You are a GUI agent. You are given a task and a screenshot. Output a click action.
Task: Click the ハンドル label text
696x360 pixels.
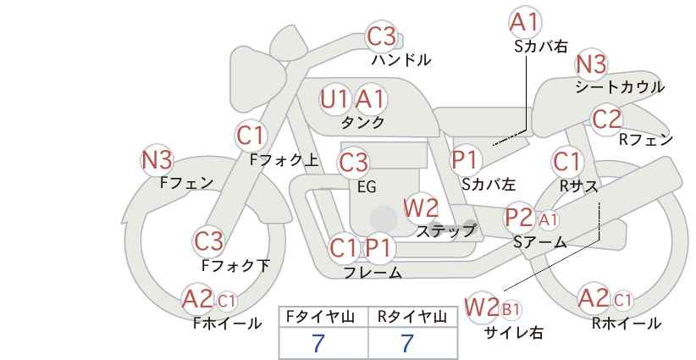[x=401, y=59]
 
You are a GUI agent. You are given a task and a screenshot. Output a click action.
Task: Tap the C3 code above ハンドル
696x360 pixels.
[x=382, y=36]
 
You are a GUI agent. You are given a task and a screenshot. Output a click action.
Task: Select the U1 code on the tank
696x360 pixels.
[x=334, y=99]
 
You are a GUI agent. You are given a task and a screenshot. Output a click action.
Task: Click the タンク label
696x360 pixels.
[x=362, y=122]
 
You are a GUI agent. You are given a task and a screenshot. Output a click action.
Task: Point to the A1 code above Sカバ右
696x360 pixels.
[x=524, y=22]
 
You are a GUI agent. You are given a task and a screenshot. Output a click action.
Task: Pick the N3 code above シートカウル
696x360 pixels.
[x=591, y=64]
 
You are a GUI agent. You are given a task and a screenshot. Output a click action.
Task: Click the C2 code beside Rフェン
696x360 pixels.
[x=606, y=119]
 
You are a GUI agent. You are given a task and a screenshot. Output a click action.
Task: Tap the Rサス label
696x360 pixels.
[x=578, y=186]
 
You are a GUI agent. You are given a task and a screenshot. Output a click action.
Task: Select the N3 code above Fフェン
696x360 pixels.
[x=157, y=160]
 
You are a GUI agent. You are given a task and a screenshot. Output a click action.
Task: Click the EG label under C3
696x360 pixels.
[x=367, y=187]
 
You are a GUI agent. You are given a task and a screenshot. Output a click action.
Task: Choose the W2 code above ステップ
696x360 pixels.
[x=421, y=208]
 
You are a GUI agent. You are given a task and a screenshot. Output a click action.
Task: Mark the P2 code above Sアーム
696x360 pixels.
[x=519, y=218]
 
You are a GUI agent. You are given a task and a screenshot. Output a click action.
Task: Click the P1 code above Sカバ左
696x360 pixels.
[x=464, y=159]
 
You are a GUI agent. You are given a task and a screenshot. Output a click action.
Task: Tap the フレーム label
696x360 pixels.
[x=373, y=272]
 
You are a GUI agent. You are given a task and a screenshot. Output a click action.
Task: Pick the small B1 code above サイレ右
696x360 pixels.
[x=511, y=309]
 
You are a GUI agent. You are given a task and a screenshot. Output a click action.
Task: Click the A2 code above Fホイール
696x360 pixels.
[x=197, y=299]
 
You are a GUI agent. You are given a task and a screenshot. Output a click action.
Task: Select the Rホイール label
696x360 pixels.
[x=627, y=324]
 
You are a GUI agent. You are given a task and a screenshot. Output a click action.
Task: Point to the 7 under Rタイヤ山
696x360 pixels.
[x=407, y=343]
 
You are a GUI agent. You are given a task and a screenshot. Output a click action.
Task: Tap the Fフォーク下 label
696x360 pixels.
[x=235, y=265]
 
